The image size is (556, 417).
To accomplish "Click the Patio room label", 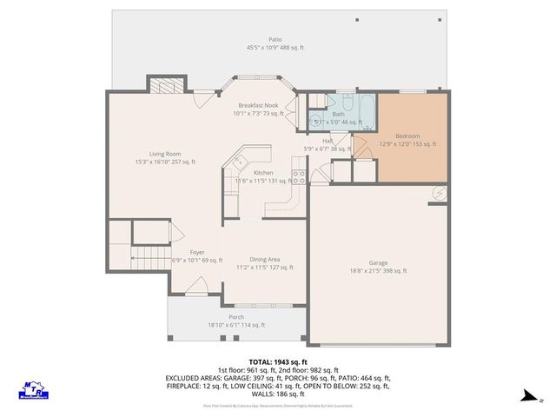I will point(275,39).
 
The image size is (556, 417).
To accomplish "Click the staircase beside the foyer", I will point(145,255).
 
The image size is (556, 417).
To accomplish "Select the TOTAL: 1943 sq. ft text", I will point(278,361).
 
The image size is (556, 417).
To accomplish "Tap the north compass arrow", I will point(526,397).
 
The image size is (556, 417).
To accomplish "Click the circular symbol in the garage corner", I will point(438,194).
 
